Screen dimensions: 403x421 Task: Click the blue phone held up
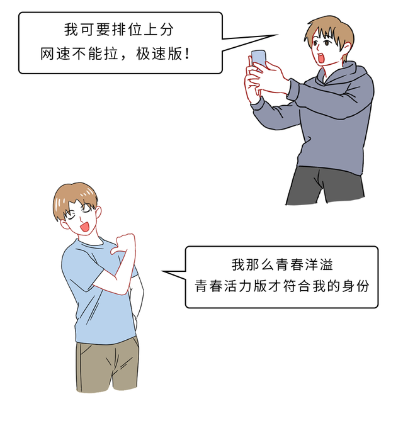point(259,59)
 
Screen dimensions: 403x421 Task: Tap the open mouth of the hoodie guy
point(321,59)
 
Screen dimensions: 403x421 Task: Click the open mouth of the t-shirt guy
point(85,226)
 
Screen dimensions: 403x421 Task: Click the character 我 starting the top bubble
point(71,30)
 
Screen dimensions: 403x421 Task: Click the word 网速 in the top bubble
point(55,53)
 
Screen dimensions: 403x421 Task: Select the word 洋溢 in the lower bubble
point(319,264)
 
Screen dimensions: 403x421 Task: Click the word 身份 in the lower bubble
point(356,286)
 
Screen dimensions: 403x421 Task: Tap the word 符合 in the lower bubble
point(297,286)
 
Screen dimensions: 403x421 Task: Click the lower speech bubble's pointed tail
point(162,271)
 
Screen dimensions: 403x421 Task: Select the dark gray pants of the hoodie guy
point(326,185)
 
